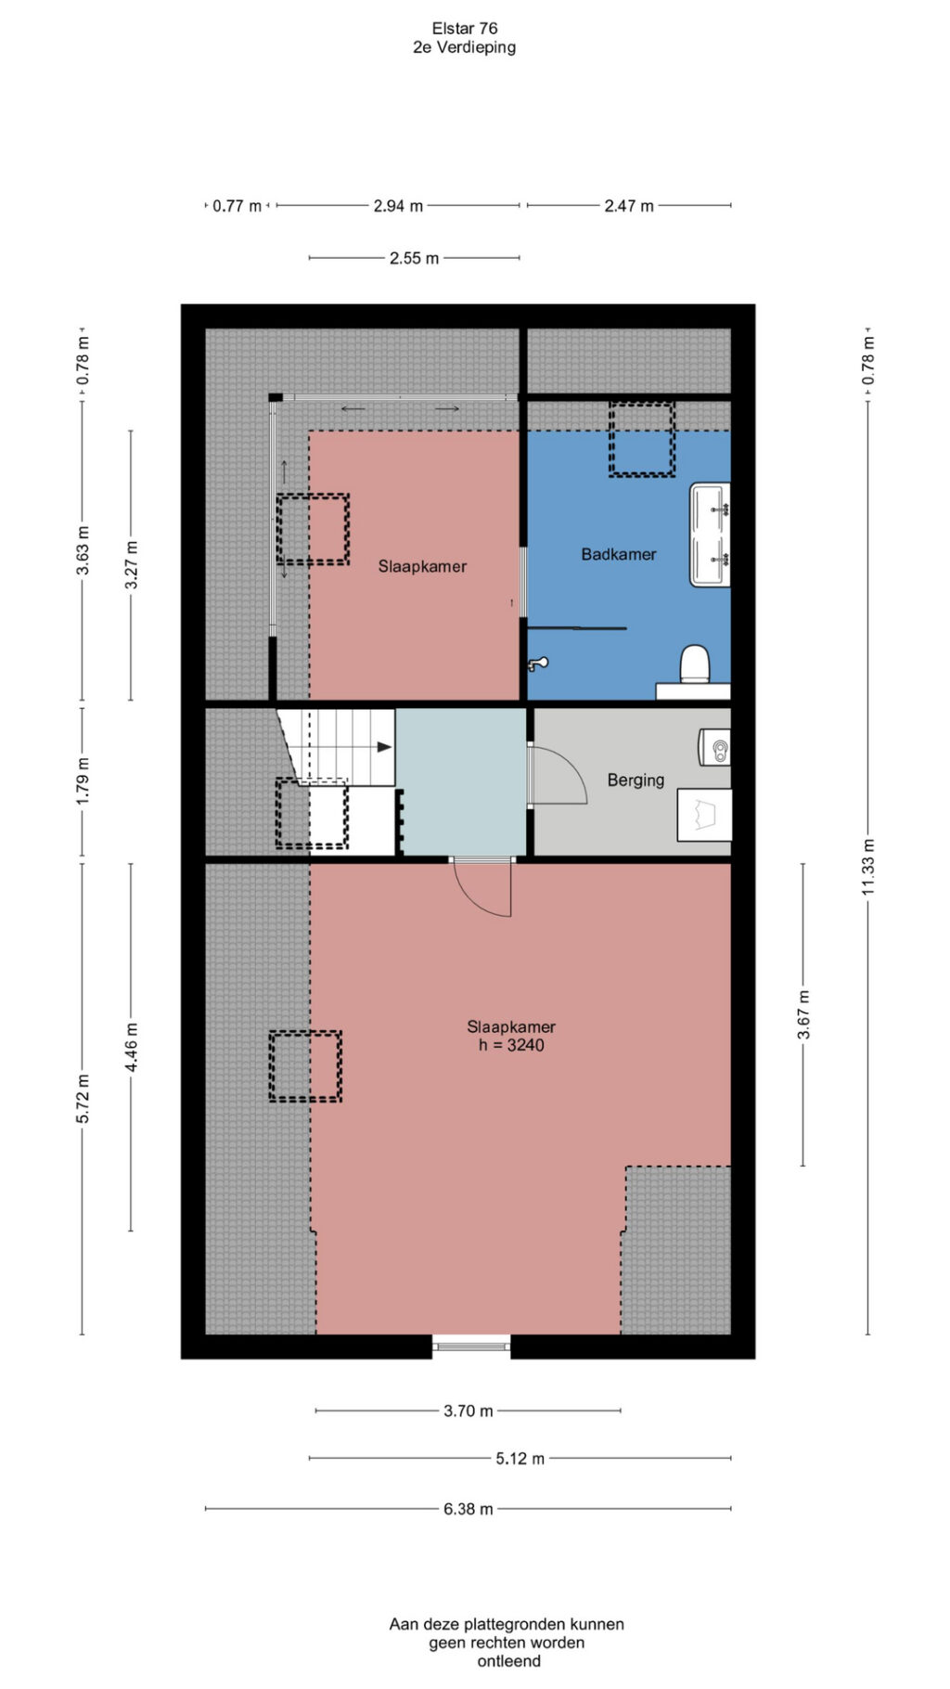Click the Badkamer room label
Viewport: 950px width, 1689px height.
pyautogui.click(x=619, y=554)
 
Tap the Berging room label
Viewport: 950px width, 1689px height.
pyautogui.click(x=635, y=780)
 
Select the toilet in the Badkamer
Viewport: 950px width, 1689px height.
pyautogui.click(x=695, y=664)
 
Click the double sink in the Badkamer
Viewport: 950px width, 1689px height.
pyautogui.click(x=711, y=535)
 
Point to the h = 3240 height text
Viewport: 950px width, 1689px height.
pyautogui.click(x=511, y=1045)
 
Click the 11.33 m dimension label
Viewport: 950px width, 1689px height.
pyautogui.click(x=868, y=867)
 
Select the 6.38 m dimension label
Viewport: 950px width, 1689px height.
pyautogui.click(x=469, y=1509)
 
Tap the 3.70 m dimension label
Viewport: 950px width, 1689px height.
pyautogui.click(x=469, y=1411)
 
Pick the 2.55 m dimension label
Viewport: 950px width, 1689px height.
pyautogui.click(x=414, y=258)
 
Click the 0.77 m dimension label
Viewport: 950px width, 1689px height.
pyautogui.click(x=237, y=206)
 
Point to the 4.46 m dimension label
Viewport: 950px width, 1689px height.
pyautogui.click(x=132, y=1048)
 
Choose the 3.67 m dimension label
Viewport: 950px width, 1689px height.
pyautogui.click(x=803, y=1014)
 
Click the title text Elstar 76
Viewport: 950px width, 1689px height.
pyautogui.click(x=465, y=29)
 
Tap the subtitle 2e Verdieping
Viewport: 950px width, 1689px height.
pyautogui.click(x=465, y=47)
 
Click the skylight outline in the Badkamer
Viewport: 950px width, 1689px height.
pyautogui.click(x=641, y=439)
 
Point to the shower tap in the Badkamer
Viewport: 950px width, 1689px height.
pyautogui.click(x=537, y=664)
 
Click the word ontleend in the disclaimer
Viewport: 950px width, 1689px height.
pyautogui.click(x=508, y=1661)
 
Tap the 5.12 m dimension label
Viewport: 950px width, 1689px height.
pyautogui.click(x=520, y=1459)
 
